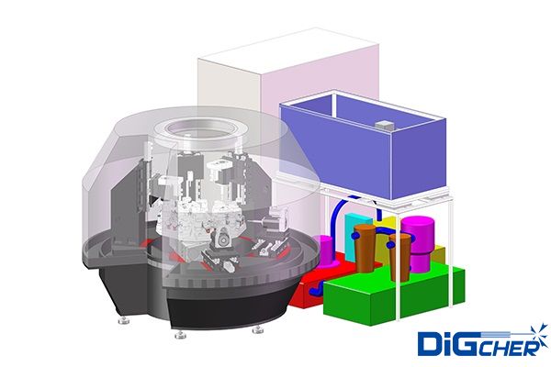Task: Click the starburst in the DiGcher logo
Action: pyautogui.click(x=538, y=335)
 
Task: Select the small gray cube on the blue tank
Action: pyautogui.click(x=383, y=126)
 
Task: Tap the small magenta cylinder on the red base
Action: pyautogui.click(x=324, y=251)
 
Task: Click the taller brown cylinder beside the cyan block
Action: pyautogui.click(x=365, y=248)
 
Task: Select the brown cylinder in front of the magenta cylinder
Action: pyautogui.click(x=399, y=257)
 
